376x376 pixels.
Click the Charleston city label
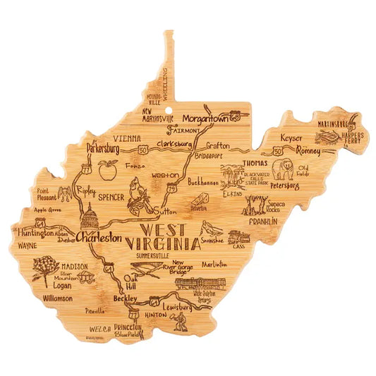99,238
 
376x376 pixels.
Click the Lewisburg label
175,308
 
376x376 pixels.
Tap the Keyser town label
292,138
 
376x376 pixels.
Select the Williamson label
58,298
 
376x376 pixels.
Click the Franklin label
262,221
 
